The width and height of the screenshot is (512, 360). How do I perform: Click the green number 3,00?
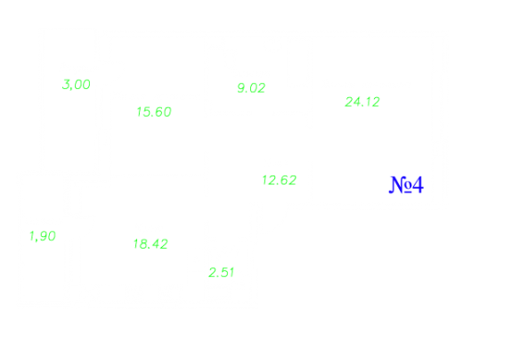tap(76, 85)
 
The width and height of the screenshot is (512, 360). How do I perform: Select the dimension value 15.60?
tap(154, 112)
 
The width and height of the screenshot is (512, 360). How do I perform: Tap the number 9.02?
tap(251, 88)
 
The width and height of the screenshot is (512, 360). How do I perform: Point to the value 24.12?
tap(362, 102)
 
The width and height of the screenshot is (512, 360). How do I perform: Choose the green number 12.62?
tap(280, 180)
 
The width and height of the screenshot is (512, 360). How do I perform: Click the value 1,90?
tap(43, 236)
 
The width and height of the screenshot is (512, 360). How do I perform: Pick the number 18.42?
tap(150, 244)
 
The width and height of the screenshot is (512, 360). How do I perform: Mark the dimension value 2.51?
tap(222, 273)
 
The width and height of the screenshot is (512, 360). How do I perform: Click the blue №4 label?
tap(406, 184)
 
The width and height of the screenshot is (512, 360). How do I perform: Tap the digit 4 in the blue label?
tap(418, 184)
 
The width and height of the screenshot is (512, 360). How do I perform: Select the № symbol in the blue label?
tap(401, 184)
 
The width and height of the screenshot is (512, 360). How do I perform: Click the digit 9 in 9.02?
tap(241, 88)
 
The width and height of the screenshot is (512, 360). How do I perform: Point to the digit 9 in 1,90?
tap(44, 236)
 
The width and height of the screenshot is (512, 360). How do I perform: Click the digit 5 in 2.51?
tap(225, 273)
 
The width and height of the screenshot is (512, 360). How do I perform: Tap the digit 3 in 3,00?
tap(67, 85)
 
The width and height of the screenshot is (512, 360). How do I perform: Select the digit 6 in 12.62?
tap(284, 180)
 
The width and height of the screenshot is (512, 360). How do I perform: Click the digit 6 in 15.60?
tap(159, 112)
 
